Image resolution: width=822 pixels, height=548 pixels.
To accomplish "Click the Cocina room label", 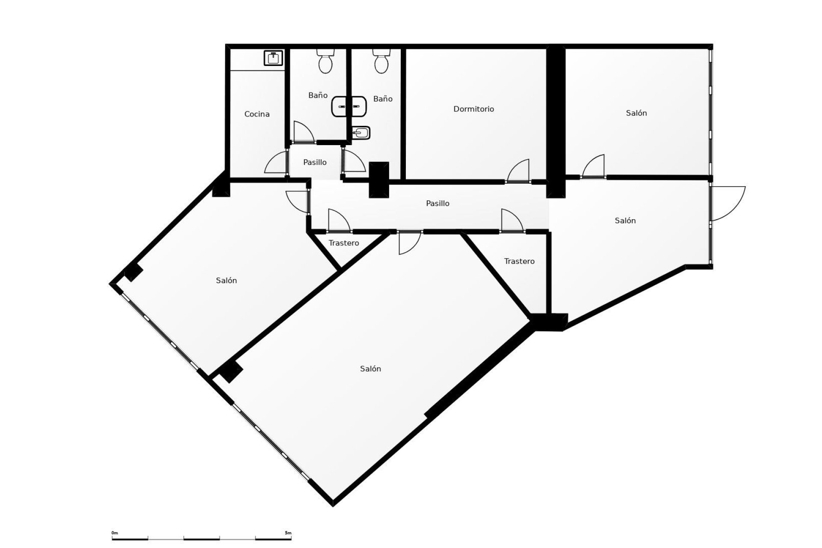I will coord(257,114).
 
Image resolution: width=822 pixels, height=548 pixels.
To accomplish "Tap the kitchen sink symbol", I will coord(273,58).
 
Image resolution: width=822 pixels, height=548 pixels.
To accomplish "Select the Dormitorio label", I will coord(474,109).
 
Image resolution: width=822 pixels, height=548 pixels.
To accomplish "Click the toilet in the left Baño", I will coord(325,61).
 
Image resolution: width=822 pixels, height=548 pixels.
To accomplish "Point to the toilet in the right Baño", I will coord(381,61).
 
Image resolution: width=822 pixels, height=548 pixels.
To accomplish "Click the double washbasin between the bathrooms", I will coord(349,106).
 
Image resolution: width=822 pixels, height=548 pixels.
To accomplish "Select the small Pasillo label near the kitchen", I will coord(315,162).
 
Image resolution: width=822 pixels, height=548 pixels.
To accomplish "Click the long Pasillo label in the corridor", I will coord(438,203).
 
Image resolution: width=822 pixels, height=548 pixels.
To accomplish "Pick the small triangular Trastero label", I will coord(344,243).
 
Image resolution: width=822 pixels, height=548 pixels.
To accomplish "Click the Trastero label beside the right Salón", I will coord(519,261).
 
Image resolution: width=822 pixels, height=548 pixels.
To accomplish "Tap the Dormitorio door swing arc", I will coord(519,171).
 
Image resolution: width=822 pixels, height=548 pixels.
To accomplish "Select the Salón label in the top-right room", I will coord(636,113).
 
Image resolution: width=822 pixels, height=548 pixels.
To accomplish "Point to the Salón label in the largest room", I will coord(370,369).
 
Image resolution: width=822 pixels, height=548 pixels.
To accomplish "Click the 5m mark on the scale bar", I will coord(288,533).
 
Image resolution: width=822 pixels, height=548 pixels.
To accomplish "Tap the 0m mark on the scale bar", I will coord(114,533).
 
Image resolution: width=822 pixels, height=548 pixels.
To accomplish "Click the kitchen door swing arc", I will coord(275,163).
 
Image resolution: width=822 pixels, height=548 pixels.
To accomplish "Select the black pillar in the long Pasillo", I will coord(379,180).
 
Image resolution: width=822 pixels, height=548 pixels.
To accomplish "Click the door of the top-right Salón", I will coord(594,166).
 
